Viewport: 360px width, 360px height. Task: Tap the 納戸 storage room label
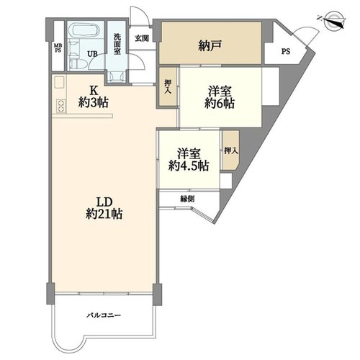tap(210, 46)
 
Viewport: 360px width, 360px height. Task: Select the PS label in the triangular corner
tap(286, 51)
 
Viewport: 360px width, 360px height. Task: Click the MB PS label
tap(58, 48)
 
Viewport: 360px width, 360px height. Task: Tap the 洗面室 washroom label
tap(117, 44)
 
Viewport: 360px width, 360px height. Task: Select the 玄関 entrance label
tap(142, 38)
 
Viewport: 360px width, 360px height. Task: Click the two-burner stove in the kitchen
tap(60, 106)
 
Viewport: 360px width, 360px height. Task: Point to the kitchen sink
tap(59, 82)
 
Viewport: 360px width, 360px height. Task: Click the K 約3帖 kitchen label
tap(94, 96)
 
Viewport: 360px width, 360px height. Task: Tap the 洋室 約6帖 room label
tap(220, 98)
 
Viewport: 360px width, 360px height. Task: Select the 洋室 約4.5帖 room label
tap(189, 160)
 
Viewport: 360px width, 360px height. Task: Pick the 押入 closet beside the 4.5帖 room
tap(231, 150)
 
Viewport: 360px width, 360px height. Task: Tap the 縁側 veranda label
tap(187, 199)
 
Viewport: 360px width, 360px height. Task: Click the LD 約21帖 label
tap(104, 208)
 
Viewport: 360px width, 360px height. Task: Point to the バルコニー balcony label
tap(104, 315)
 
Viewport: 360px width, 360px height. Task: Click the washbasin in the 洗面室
tap(117, 76)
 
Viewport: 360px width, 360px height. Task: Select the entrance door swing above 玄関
tap(139, 16)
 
